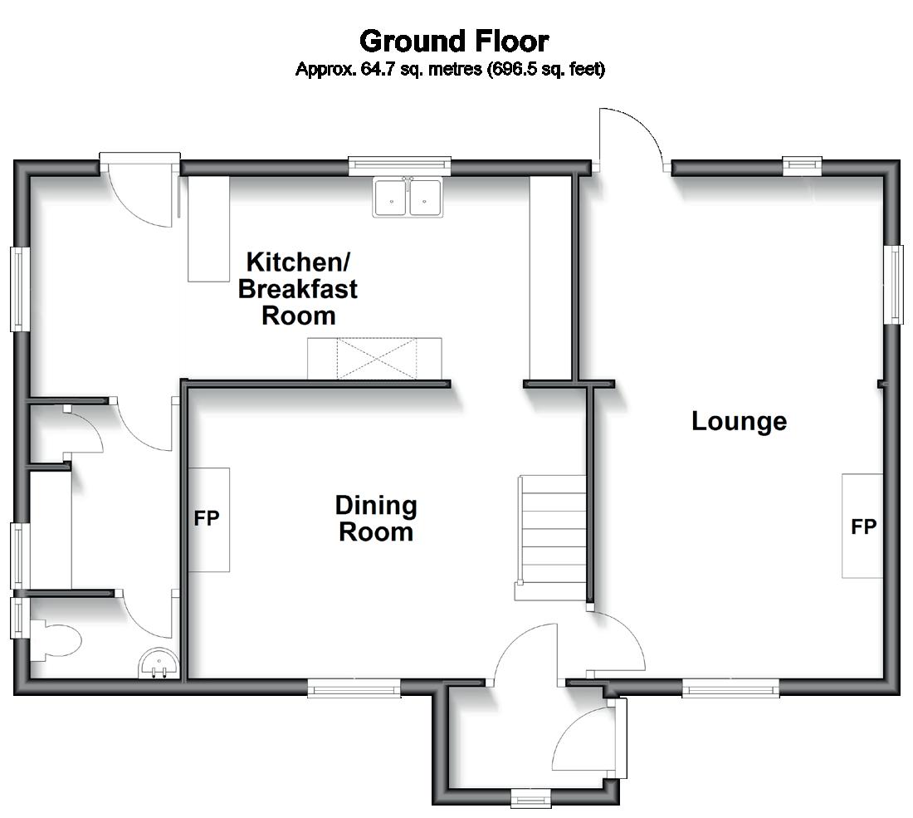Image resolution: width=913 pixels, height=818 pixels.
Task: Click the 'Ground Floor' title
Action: click(x=453, y=41)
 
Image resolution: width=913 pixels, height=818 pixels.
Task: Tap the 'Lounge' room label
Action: click(x=739, y=421)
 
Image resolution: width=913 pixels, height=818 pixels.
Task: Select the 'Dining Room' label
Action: click(x=375, y=518)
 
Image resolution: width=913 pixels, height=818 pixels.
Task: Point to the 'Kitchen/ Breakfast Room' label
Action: click(x=298, y=288)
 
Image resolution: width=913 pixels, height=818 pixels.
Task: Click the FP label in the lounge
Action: click(x=863, y=527)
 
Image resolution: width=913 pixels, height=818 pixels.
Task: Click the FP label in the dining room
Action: click(x=207, y=519)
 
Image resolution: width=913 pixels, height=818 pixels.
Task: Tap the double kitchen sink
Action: click(x=407, y=198)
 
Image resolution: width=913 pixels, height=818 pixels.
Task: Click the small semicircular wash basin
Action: click(x=159, y=664)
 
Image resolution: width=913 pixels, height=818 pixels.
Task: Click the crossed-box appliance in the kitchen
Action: click(x=375, y=358)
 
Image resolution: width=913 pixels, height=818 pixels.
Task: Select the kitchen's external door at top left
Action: click(x=139, y=191)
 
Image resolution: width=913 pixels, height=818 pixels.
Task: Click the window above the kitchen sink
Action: click(x=399, y=165)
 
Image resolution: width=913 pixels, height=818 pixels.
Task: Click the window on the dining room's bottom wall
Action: click(x=354, y=687)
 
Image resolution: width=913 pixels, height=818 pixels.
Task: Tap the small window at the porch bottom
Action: click(x=530, y=798)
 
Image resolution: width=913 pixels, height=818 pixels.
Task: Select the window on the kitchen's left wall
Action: click(x=20, y=288)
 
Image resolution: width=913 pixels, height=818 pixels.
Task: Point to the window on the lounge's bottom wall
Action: click(x=730, y=687)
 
